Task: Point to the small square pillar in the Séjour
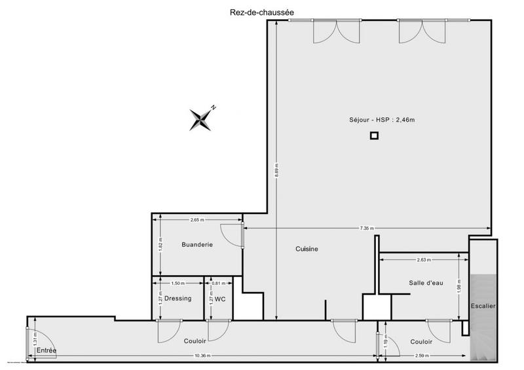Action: coord(374,136)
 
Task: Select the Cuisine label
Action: coord(307,249)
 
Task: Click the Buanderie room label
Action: coord(197,245)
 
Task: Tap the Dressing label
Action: coord(178,299)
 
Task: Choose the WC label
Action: coord(220,299)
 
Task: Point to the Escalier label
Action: coord(483,306)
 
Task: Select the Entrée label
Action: coord(46,351)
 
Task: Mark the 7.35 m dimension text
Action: coord(367,229)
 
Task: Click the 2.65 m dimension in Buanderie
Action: coord(198,220)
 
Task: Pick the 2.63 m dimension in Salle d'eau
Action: coord(424,260)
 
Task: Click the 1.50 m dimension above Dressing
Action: coord(178,283)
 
